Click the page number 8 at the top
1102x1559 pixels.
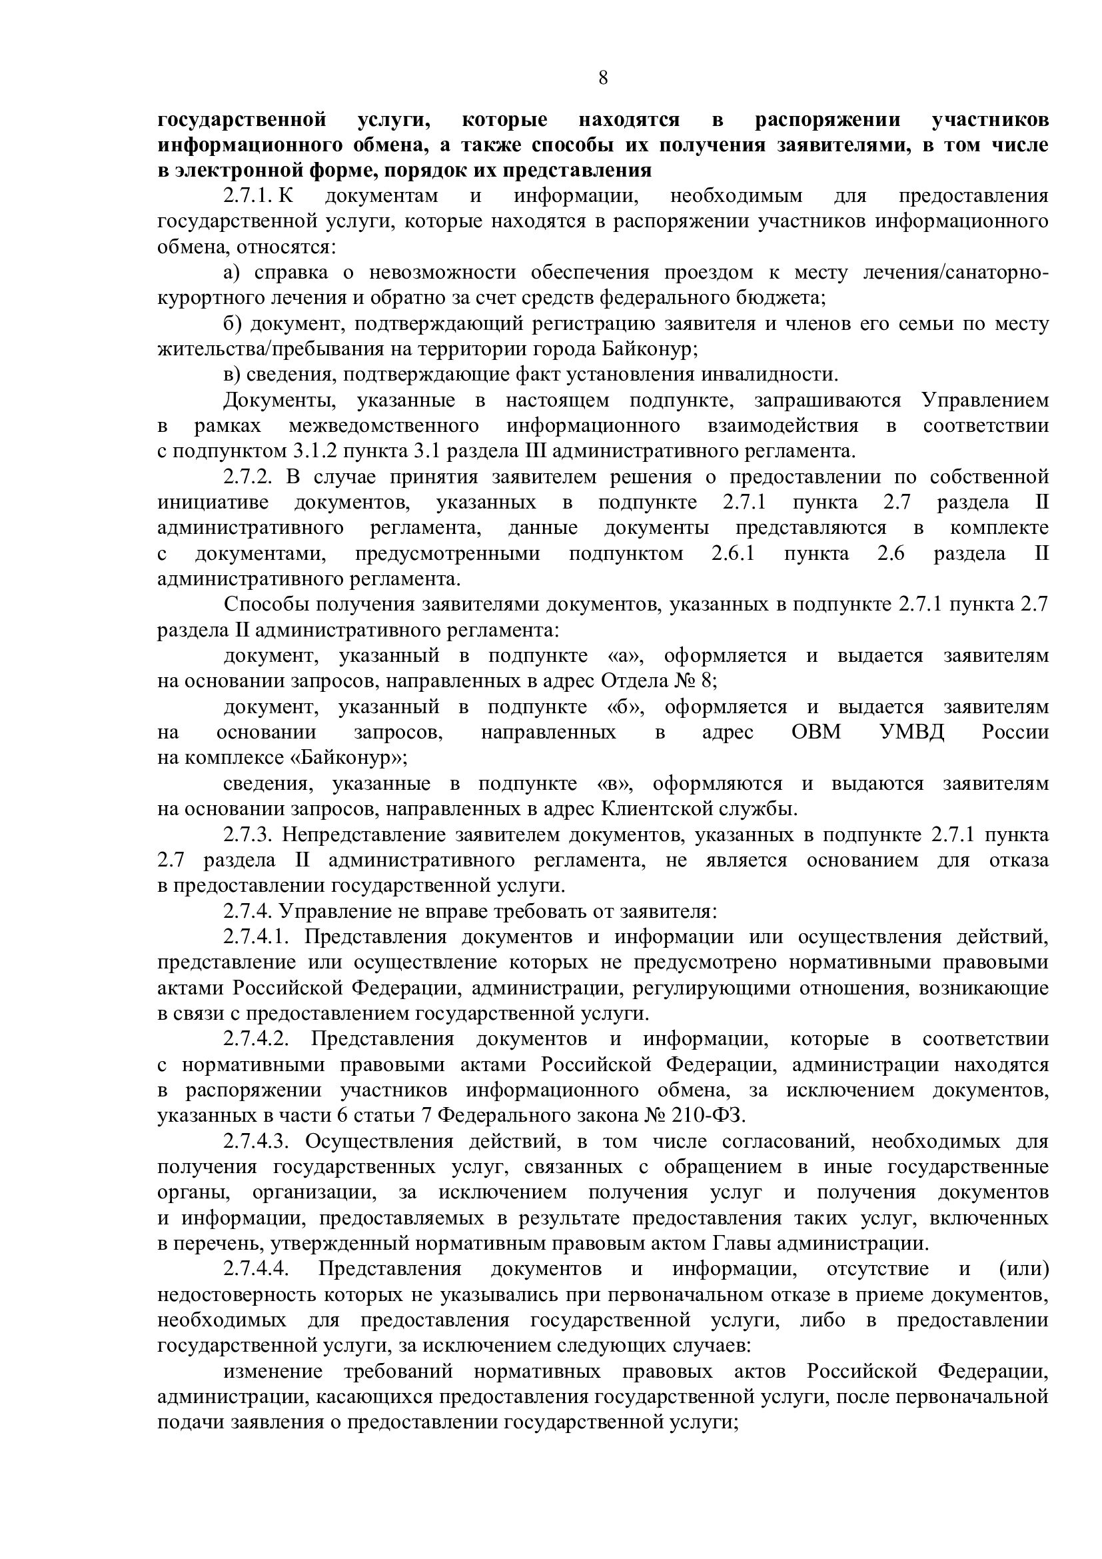(x=602, y=79)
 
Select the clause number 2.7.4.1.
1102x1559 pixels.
(x=257, y=938)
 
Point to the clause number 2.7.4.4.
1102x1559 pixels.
(x=257, y=1269)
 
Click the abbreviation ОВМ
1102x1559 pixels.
(x=816, y=733)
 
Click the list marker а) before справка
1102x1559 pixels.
(x=232, y=273)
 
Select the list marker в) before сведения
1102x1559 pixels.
(x=232, y=375)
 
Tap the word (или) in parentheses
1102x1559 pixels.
(x=1024, y=1269)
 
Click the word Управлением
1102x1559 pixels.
(x=985, y=401)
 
